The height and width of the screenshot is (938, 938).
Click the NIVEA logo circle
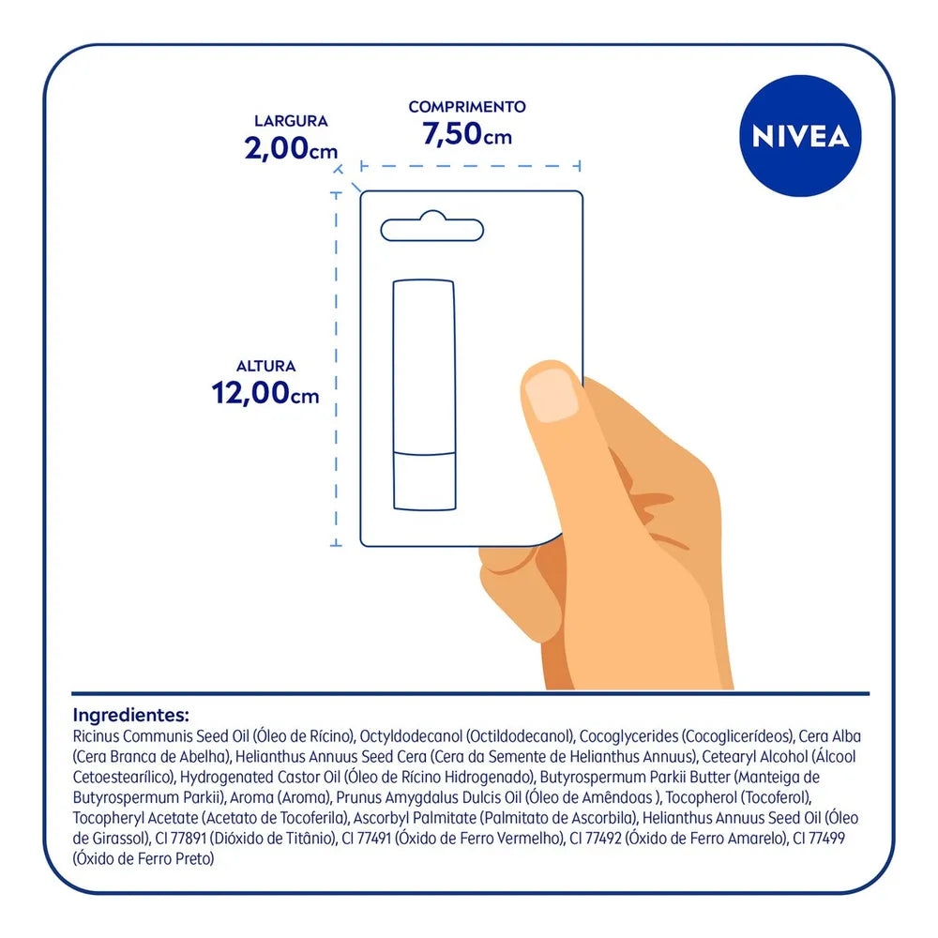[800, 136]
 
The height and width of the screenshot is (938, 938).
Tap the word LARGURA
[292, 121]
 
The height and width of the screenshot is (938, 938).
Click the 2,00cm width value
[291, 148]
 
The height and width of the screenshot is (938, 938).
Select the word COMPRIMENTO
[467, 107]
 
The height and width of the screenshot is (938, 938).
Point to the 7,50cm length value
[467, 133]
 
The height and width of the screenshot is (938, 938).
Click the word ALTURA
[266, 366]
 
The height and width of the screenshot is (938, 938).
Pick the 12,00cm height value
[265, 393]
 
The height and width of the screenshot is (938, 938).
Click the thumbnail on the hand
[551, 394]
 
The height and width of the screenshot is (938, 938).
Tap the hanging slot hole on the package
[431, 227]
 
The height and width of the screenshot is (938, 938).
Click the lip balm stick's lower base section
[425, 481]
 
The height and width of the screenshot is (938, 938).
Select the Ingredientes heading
[131, 715]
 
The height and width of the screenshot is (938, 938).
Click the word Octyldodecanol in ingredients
[411, 736]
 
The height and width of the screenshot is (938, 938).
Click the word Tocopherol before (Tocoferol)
[701, 797]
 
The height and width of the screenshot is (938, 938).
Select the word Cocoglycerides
[628, 736]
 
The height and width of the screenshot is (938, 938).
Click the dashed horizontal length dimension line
[471, 166]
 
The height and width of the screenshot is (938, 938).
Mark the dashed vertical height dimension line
[336, 370]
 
